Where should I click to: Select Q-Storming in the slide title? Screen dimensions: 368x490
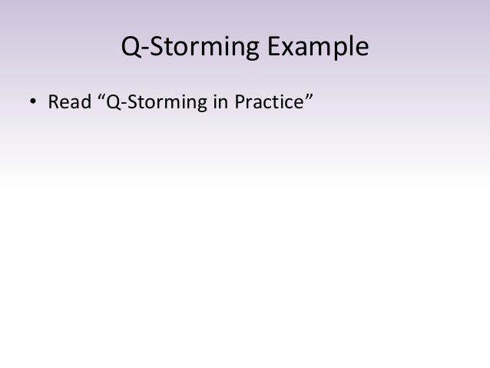tap(191, 50)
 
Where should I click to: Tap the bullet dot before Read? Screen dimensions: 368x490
tap(33, 102)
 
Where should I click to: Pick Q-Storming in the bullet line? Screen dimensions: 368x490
tap(158, 101)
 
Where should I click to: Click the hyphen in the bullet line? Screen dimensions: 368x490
tap(121, 103)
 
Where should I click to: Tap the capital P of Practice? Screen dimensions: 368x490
tap(240, 101)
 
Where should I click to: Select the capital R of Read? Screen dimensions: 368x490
tap(54, 101)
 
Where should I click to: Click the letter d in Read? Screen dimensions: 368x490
tap(84, 101)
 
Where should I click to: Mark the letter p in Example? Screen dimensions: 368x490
tap(340, 53)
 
